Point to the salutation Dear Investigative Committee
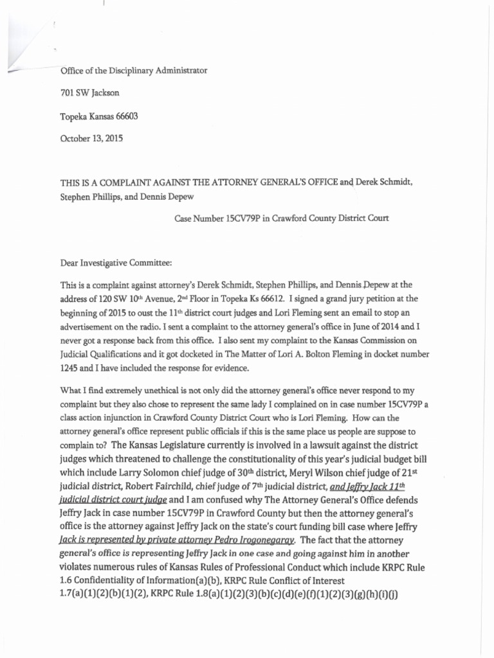[116, 262]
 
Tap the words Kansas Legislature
[154, 444]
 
